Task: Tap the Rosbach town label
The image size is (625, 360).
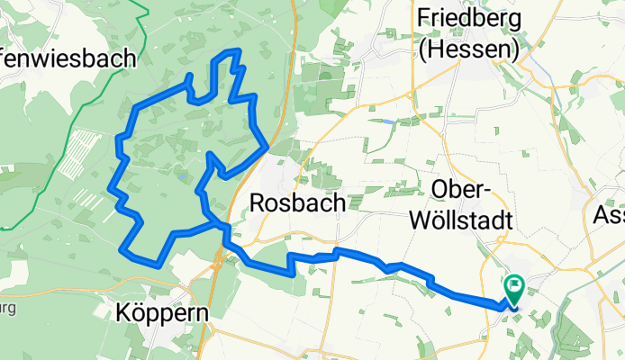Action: [296, 203]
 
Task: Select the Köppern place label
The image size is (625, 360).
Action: [163, 313]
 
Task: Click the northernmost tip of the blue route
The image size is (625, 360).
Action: [236, 51]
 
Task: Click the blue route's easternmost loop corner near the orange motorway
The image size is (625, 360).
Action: [267, 144]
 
